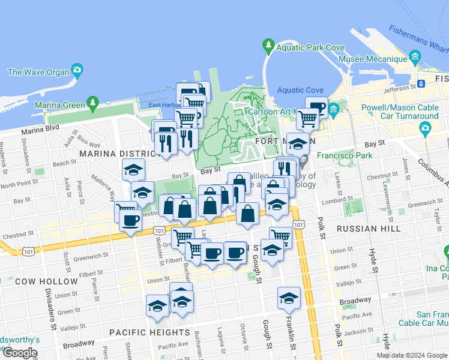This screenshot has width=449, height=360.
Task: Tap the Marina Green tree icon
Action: click(x=92, y=104)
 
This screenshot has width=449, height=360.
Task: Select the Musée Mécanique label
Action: click(x=373, y=59)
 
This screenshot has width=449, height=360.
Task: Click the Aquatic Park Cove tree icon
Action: click(x=268, y=46)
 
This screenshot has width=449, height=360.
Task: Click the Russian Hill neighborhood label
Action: click(x=369, y=229)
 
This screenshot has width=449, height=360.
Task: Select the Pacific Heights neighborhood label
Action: click(x=149, y=332)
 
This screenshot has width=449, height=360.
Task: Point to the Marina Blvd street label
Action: click(x=41, y=130)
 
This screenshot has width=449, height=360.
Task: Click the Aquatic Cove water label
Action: click(x=300, y=90)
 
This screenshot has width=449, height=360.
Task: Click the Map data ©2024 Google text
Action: click(x=411, y=355)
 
